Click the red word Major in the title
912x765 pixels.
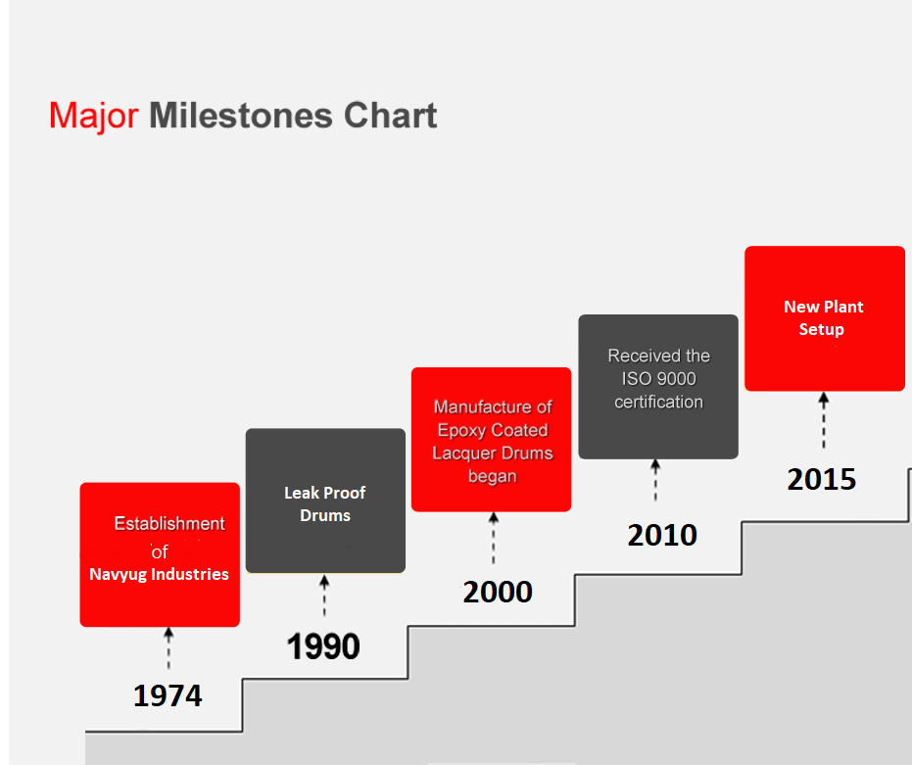(x=94, y=117)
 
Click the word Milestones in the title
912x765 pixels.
(x=241, y=116)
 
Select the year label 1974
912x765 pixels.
(x=168, y=695)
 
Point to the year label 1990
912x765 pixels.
(x=323, y=646)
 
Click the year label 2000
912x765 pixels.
(x=498, y=593)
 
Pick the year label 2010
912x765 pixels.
(x=662, y=535)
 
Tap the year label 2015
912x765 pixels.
(x=822, y=480)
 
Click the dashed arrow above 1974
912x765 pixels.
(x=168, y=648)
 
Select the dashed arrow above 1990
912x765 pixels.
(x=324, y=596)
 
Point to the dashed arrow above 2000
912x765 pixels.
(x=494, y=538)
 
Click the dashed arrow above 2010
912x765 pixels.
(x=655, y=480)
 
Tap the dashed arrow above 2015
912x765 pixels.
(x=824, y=420)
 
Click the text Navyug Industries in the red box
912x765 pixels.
(x=160, y=574)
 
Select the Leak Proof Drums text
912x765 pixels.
(x=325, y=503)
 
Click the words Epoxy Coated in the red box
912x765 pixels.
(x=493, y=430)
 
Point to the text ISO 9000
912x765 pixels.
(x=659, y=379)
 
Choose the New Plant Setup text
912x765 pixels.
(x=823, y=317)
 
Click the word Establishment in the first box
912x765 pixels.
(x=169, y=524)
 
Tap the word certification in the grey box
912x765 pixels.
(x=659, y=402)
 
